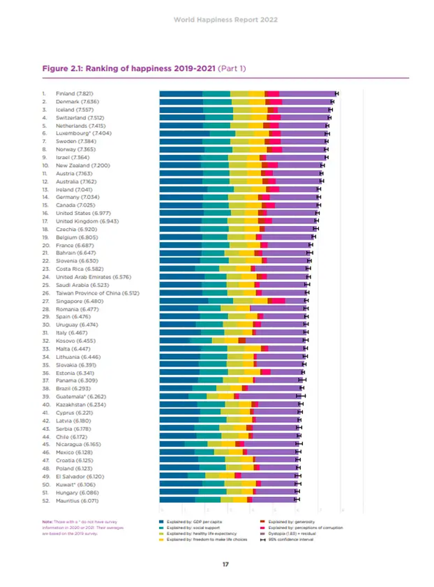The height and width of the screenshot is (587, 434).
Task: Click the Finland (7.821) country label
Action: pos(75,93)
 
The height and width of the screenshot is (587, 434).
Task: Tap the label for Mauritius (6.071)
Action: pos(77,500)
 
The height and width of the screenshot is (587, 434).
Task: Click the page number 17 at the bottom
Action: pos(226,564)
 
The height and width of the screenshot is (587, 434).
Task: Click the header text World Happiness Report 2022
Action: pos(226,20)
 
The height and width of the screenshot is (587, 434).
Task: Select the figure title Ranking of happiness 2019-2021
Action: pos(129,69)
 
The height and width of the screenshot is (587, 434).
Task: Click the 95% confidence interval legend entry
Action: pos(291,539)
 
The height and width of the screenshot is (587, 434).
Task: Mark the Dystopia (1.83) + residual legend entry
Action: pos(294,533)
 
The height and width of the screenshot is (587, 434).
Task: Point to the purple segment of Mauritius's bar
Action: pos(272,500)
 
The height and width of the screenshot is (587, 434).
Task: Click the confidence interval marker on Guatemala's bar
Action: pos(301,396)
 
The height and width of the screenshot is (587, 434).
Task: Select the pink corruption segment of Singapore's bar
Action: pos(278,301)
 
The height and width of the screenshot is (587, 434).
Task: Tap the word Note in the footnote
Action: pos(47,521)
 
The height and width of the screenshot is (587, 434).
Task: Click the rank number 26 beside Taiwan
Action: pos(45,293)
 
